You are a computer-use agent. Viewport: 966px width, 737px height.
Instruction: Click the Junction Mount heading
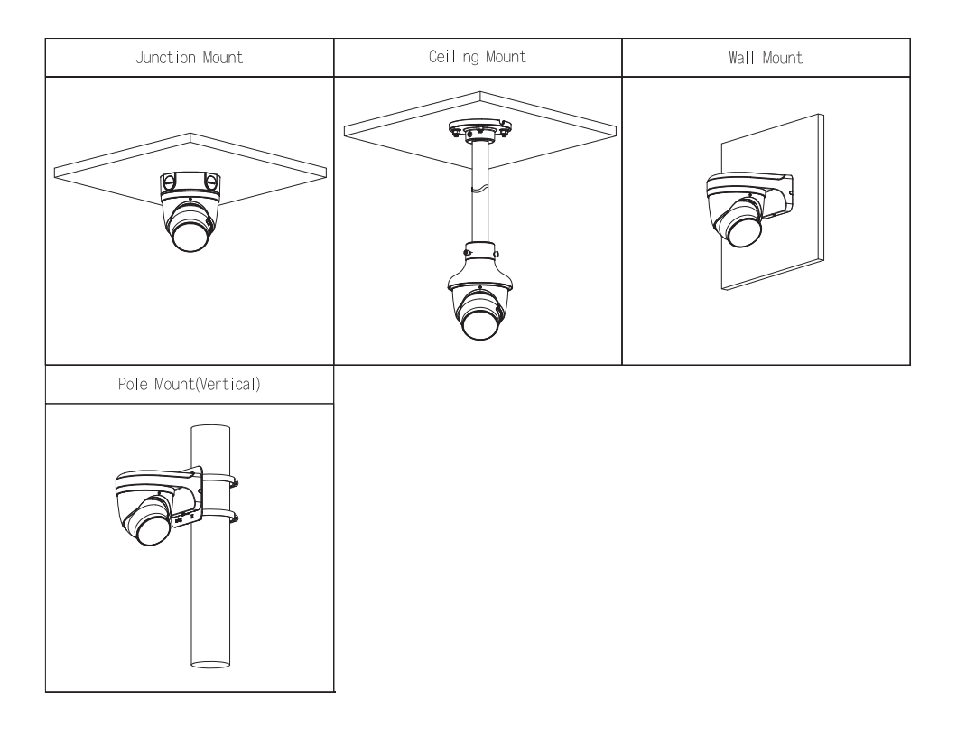click(190, 58)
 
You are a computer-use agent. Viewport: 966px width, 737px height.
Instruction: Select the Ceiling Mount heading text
click(478, 58)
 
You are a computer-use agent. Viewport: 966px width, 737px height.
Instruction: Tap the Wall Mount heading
click(766, 58)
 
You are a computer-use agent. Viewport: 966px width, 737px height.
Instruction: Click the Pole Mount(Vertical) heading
click(190, 384)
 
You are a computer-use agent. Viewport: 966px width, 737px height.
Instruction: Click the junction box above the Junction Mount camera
click(189, 184)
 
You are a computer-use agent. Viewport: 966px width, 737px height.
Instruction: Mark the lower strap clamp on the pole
click(222, 518)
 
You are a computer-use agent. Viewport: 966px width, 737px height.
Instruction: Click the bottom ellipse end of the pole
click(210, 667)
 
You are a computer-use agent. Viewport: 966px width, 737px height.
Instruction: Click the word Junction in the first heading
click(154, 58)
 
